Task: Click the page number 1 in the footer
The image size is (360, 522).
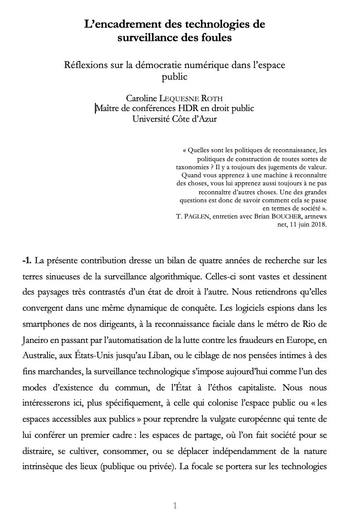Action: (x=175, y=506)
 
